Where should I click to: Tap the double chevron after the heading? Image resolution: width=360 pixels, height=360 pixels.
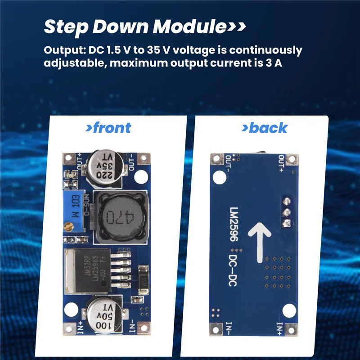click(236, 27)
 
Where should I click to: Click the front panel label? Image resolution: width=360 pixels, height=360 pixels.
click(108, 128)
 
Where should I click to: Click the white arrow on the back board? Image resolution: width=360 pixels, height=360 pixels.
click(259, 238)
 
